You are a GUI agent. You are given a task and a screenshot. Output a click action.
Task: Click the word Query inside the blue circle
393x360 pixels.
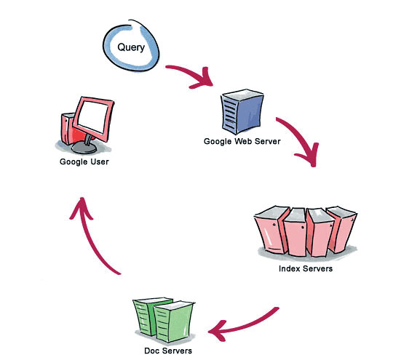(x=131, y=47)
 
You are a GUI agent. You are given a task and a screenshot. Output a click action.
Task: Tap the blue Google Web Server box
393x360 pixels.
(x=242, y=111)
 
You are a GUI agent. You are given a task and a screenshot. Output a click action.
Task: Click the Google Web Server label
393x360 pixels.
(x=242, y=141)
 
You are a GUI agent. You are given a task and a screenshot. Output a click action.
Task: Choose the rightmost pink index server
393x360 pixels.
(x=343, y=228)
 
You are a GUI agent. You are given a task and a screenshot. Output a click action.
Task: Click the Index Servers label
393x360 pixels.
(x=306, y=268)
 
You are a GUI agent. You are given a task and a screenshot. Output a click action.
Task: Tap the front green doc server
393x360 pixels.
(x=173, y=321)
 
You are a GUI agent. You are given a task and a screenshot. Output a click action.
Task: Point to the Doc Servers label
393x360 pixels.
(x=168, y=351)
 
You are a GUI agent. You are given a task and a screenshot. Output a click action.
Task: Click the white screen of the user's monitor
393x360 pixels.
(x=93, y=117)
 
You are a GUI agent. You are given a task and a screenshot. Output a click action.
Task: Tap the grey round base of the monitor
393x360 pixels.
(x=84, y=148)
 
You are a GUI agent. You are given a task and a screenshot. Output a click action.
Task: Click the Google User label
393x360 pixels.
(x=84, y=162)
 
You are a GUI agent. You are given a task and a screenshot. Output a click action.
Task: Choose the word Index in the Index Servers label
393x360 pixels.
(x=290, y=268)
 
